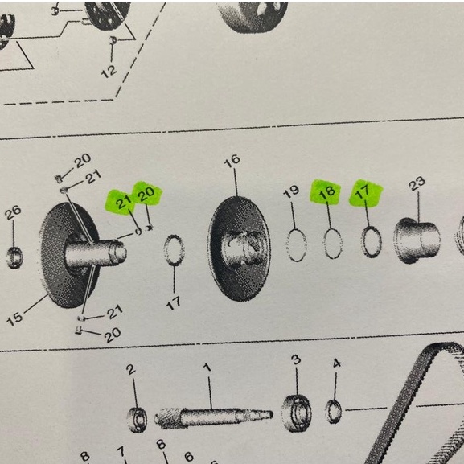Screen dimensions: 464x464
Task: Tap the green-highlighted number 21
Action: [123, 202]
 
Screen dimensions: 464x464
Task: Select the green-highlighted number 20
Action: [146, 194]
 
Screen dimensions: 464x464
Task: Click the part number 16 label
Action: [232, 160]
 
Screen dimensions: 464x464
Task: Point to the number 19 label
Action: [291, 192]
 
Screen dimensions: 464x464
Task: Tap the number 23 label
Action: [417, 183]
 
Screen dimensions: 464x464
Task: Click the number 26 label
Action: [13, 212]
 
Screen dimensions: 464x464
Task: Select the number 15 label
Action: [14, 319]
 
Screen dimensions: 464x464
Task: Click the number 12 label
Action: [109, 72]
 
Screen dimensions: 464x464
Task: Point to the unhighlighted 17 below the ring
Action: [173, 303]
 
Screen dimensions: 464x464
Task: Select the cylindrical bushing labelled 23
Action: [417, 240]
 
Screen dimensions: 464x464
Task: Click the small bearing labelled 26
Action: [14, 258]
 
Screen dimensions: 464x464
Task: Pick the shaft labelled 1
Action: [213, 417]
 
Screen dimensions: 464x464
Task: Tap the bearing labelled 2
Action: [137, 420]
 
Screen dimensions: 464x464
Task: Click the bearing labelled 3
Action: [296, 413]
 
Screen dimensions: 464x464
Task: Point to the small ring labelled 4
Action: [333, 411]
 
